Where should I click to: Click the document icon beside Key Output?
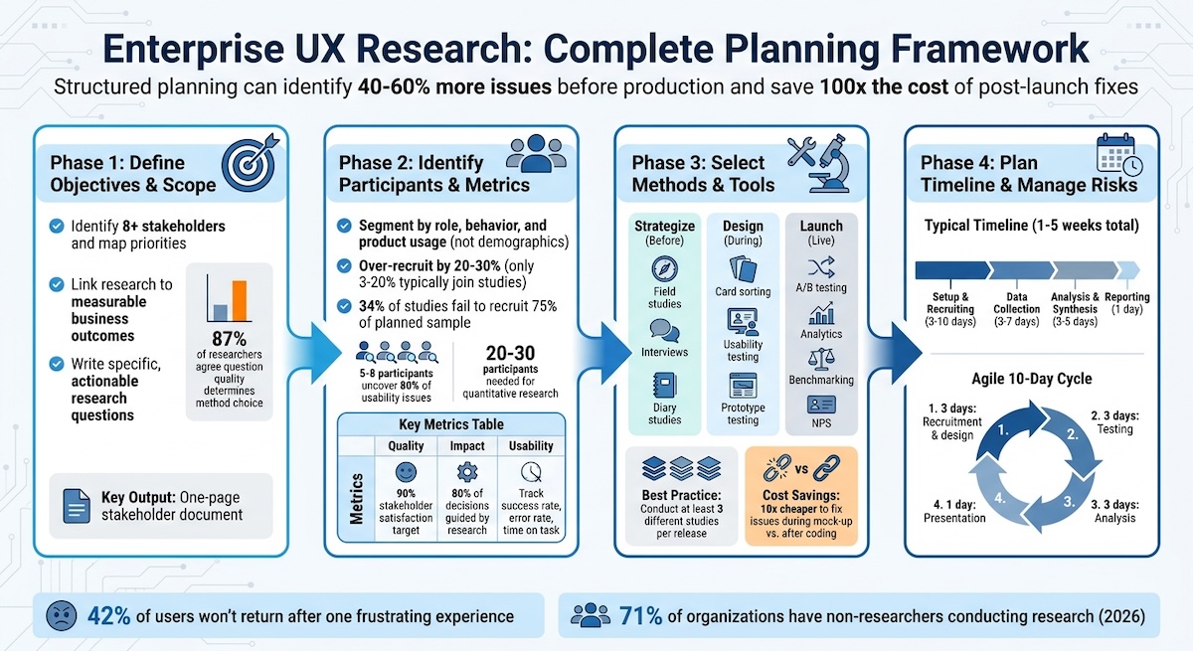(76, 505)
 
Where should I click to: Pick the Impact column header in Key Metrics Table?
(467, 446)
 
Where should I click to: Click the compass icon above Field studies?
(664, 268)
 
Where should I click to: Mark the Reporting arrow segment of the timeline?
(1127, 269)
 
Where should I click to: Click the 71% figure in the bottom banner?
(641, 616)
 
